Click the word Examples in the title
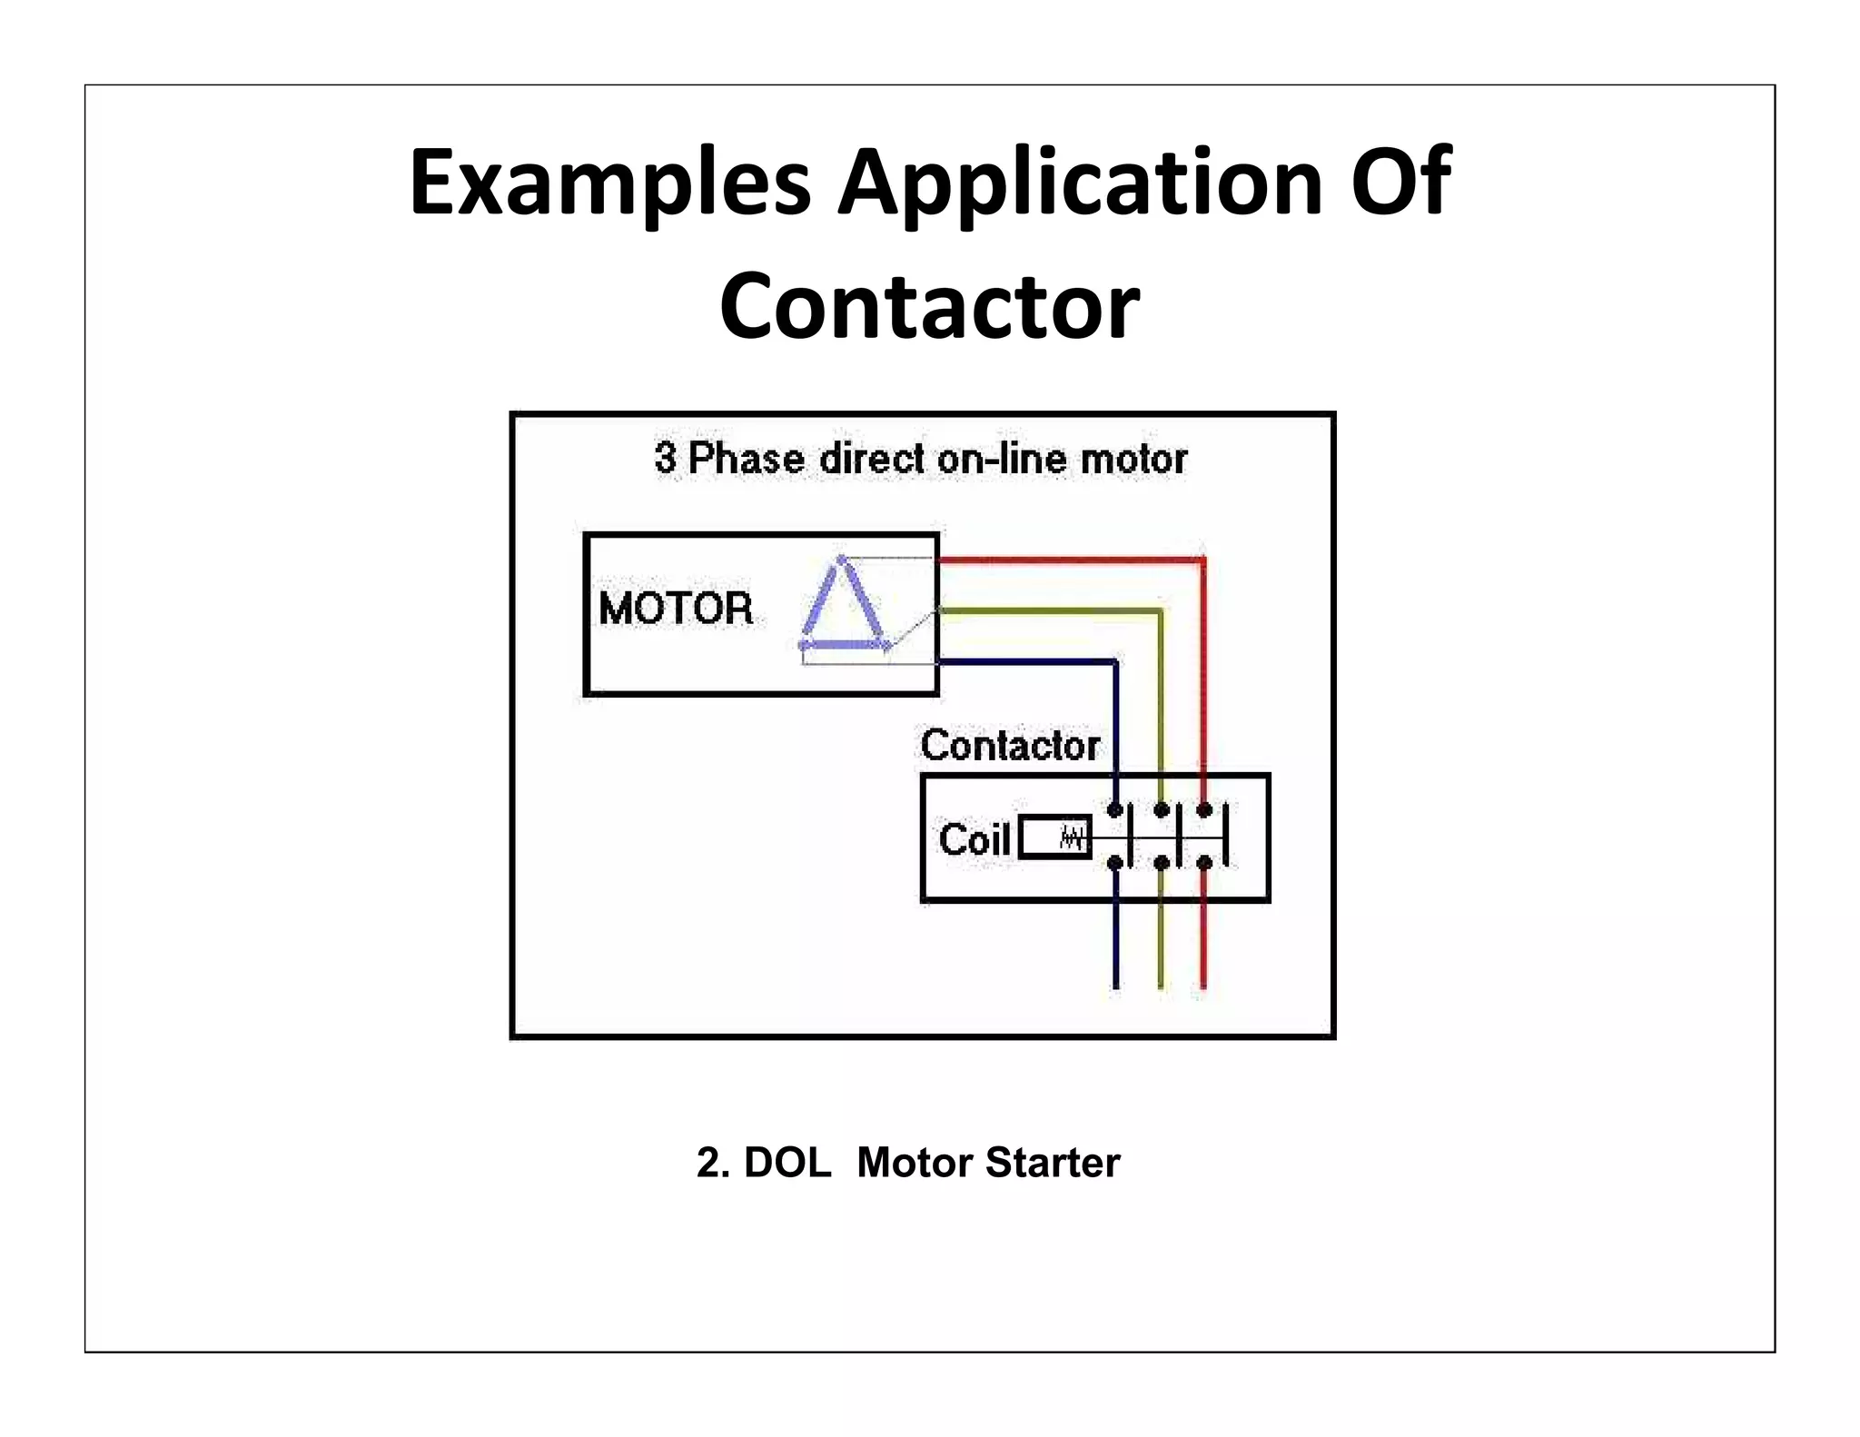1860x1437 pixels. [609, 184]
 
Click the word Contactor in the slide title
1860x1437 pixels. [929, 307]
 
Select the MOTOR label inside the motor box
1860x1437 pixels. [676, 609]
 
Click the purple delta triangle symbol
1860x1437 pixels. [842, 608]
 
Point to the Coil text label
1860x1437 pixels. [975, 839]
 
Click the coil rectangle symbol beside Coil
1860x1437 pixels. [1054, 837]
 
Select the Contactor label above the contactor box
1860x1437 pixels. [1010, 746]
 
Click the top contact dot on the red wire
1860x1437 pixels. [1203, 810]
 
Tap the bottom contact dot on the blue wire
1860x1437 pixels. [1115, 863]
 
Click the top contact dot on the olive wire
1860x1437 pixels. [1161, 810]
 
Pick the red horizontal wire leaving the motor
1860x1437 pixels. [1072, 560]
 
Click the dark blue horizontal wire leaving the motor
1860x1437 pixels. [1026, 662]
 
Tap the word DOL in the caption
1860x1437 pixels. [787, 1163]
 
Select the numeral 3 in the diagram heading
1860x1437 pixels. [665, 458]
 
